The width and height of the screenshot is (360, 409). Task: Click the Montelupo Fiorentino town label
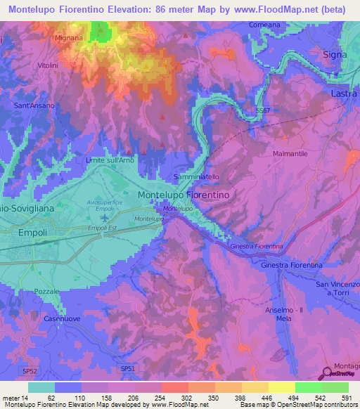(x=187, y=194)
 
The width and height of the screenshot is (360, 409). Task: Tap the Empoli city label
(x=32, y=233)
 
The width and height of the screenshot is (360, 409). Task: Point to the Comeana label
(x=265, y=25)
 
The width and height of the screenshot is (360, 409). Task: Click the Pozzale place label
(x=47, y=291)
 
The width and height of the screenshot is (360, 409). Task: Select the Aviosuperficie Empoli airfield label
(x=104, y=206)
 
